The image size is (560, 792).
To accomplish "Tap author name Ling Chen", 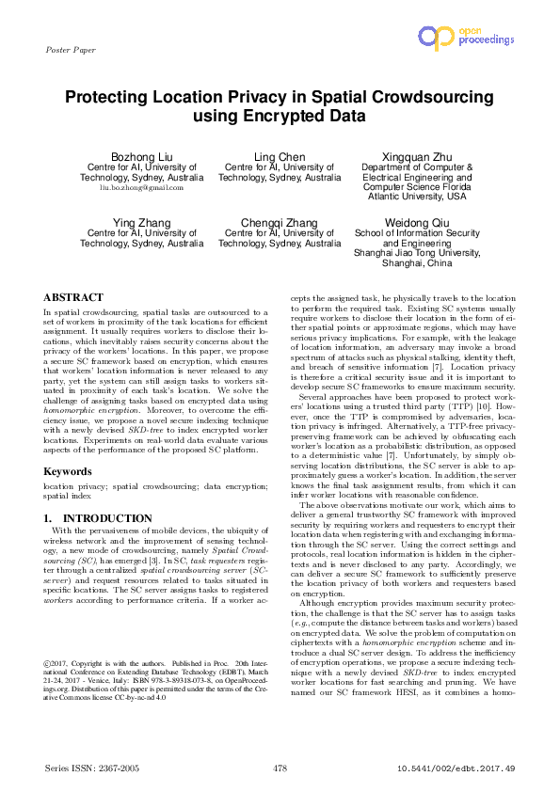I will tap(280, 155).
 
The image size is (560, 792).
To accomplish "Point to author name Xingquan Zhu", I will tap(416, 155).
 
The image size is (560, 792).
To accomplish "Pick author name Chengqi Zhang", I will tap(280, 222).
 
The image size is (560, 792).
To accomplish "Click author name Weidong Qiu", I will tap(416, 222).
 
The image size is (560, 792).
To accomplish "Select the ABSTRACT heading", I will tap(73, 296).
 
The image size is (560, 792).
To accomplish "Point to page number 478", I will tap(280, 768).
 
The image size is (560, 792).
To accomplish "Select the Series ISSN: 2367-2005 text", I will tap(92, 768).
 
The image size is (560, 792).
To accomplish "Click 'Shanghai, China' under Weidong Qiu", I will tap(416, 263).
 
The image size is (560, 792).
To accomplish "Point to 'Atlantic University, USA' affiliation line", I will tap(416, 198).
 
